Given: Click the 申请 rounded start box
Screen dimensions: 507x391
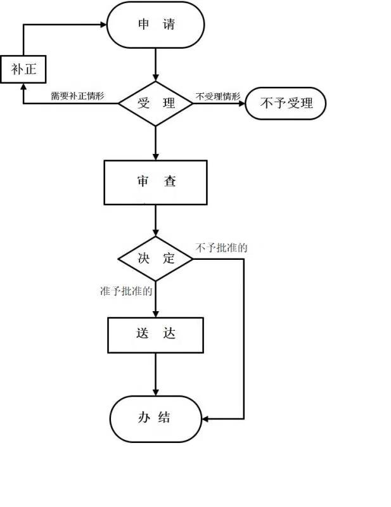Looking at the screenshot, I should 156,25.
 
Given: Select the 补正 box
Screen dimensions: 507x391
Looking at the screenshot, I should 23,69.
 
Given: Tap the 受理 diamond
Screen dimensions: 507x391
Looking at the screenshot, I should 156,103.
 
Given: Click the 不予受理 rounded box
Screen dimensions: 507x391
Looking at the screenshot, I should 285,103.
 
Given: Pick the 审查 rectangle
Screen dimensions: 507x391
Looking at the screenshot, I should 155,182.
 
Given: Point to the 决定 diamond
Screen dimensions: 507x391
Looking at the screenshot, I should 155,259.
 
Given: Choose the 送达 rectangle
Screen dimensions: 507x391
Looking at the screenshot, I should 155,334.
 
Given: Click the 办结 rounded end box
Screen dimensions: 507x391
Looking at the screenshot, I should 155,418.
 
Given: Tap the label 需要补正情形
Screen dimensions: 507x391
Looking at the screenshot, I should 77,97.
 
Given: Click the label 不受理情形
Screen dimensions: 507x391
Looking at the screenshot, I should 218,96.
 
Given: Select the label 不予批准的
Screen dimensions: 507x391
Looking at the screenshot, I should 222,247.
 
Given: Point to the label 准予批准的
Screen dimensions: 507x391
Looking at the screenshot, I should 126,292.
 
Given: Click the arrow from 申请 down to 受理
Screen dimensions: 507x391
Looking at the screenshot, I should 155,63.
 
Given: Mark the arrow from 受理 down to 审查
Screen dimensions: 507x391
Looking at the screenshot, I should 155,143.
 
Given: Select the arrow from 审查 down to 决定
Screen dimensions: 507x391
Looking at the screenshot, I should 155,221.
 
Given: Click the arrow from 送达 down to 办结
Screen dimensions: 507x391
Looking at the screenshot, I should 155,374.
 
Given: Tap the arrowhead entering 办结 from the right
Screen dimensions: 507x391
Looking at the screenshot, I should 206,418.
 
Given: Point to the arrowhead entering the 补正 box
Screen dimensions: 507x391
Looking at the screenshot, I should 23,86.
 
